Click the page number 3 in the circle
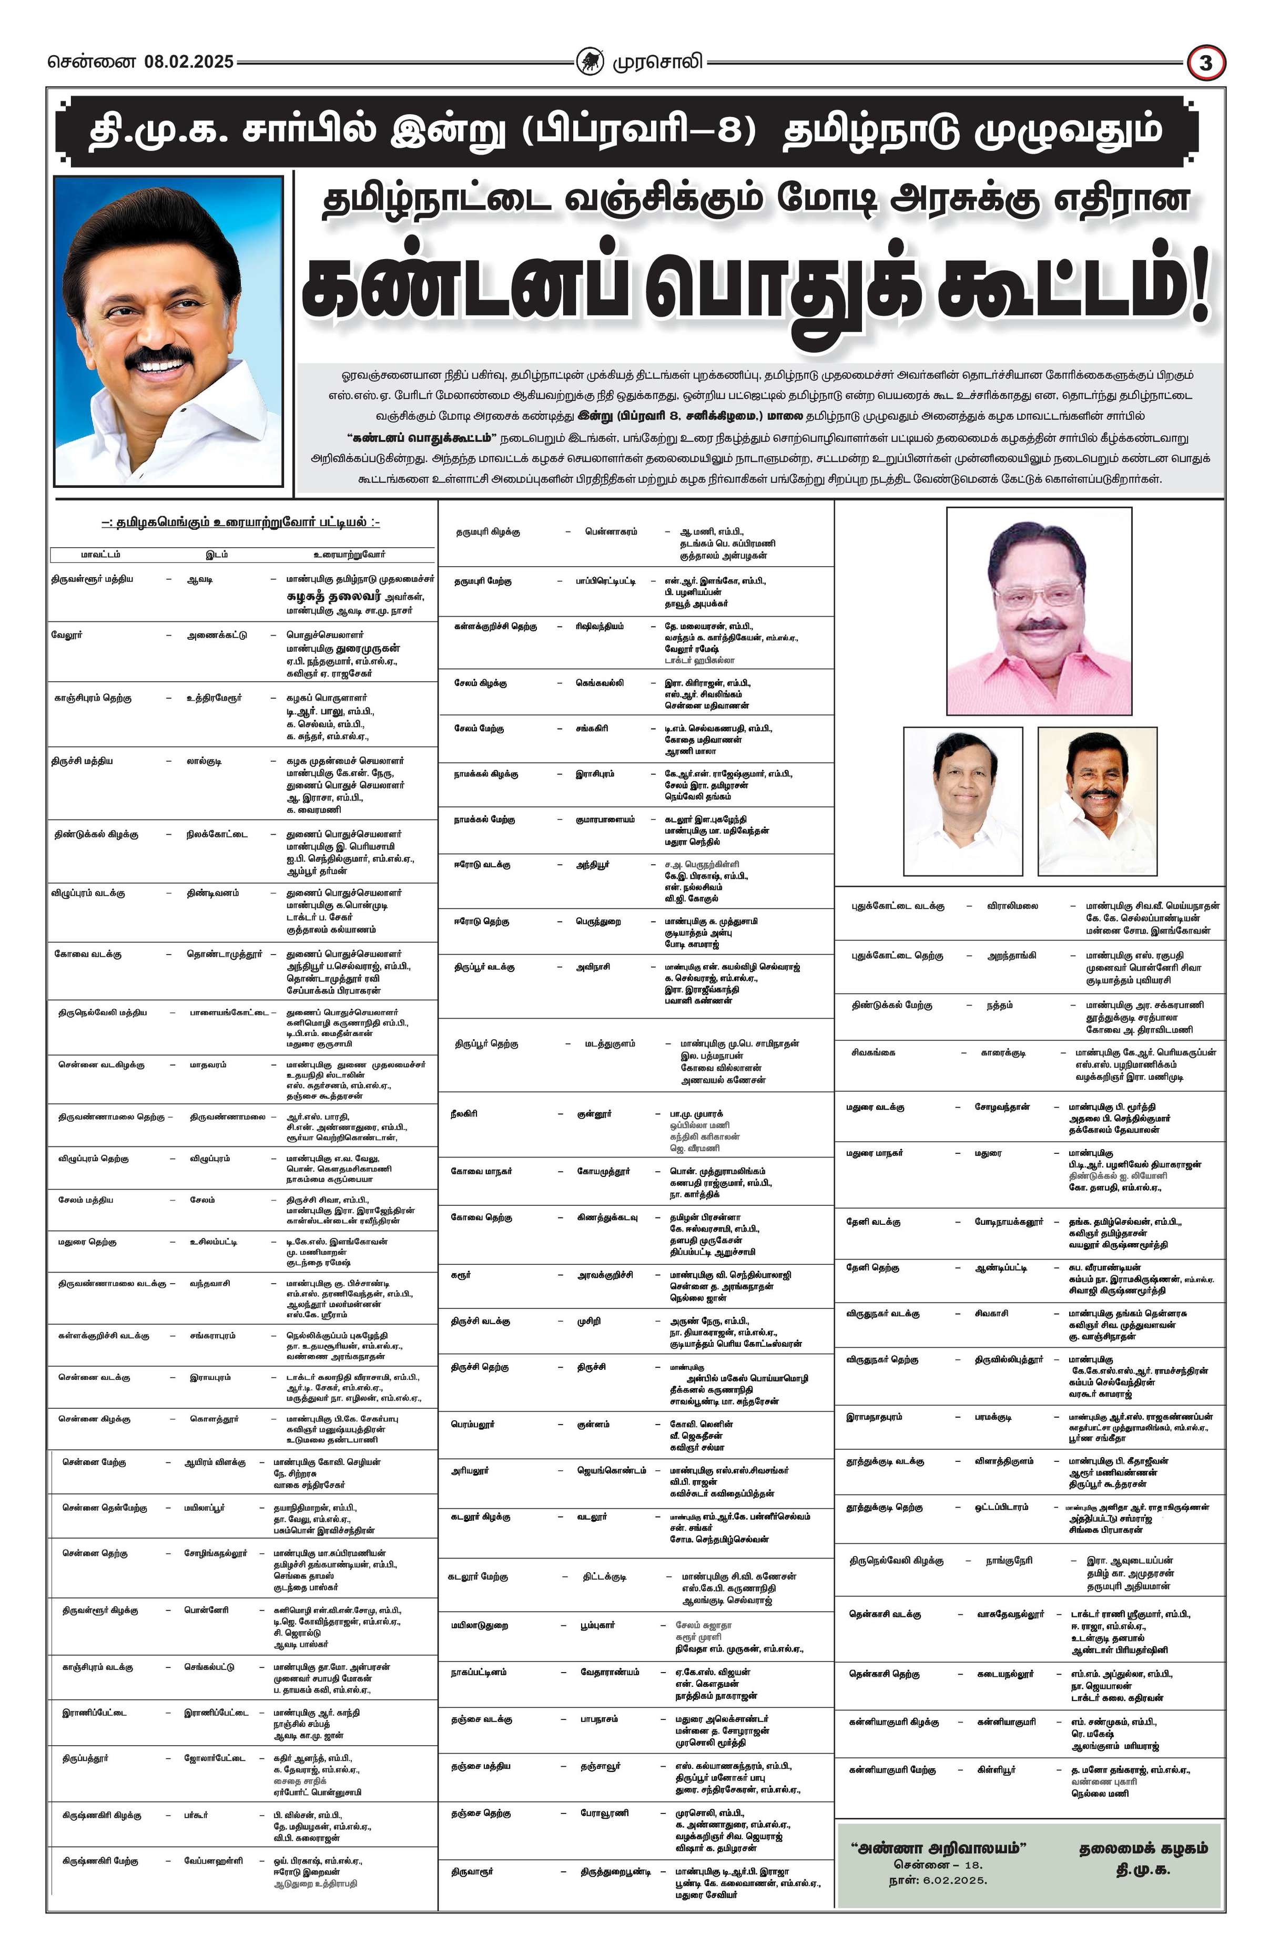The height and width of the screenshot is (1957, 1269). tap(1206, 63)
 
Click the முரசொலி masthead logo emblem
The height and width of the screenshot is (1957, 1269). tap(589, 62)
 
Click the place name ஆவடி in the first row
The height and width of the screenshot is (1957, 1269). tap(200, 579)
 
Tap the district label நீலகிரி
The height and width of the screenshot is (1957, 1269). tap(465, 1113)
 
